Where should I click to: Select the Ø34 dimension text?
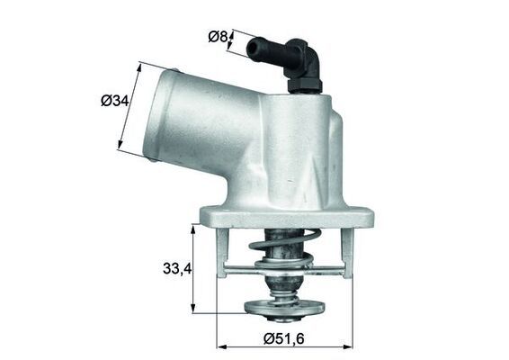coord(115,101)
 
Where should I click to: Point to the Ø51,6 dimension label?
coord(286,338)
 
